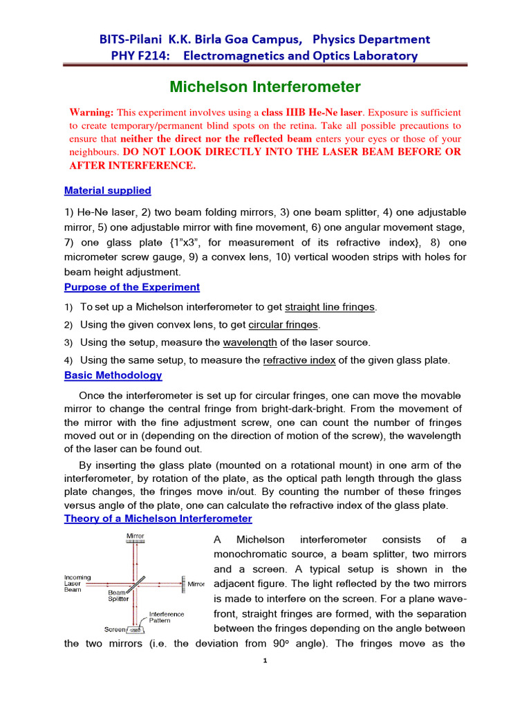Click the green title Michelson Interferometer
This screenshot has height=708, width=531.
pos(265,87)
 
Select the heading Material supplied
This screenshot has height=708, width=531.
pos(107,190)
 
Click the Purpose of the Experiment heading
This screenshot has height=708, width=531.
pos(131,287)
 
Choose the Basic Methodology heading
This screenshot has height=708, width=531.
pos(113,375)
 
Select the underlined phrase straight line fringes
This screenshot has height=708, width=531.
pos(330,307)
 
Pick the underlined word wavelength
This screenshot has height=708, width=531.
pos(250,342)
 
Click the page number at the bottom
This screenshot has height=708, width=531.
pos(265,660)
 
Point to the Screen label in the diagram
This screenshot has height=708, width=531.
pos(115,629)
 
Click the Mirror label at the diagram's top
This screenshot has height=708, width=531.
pos(135,536)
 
